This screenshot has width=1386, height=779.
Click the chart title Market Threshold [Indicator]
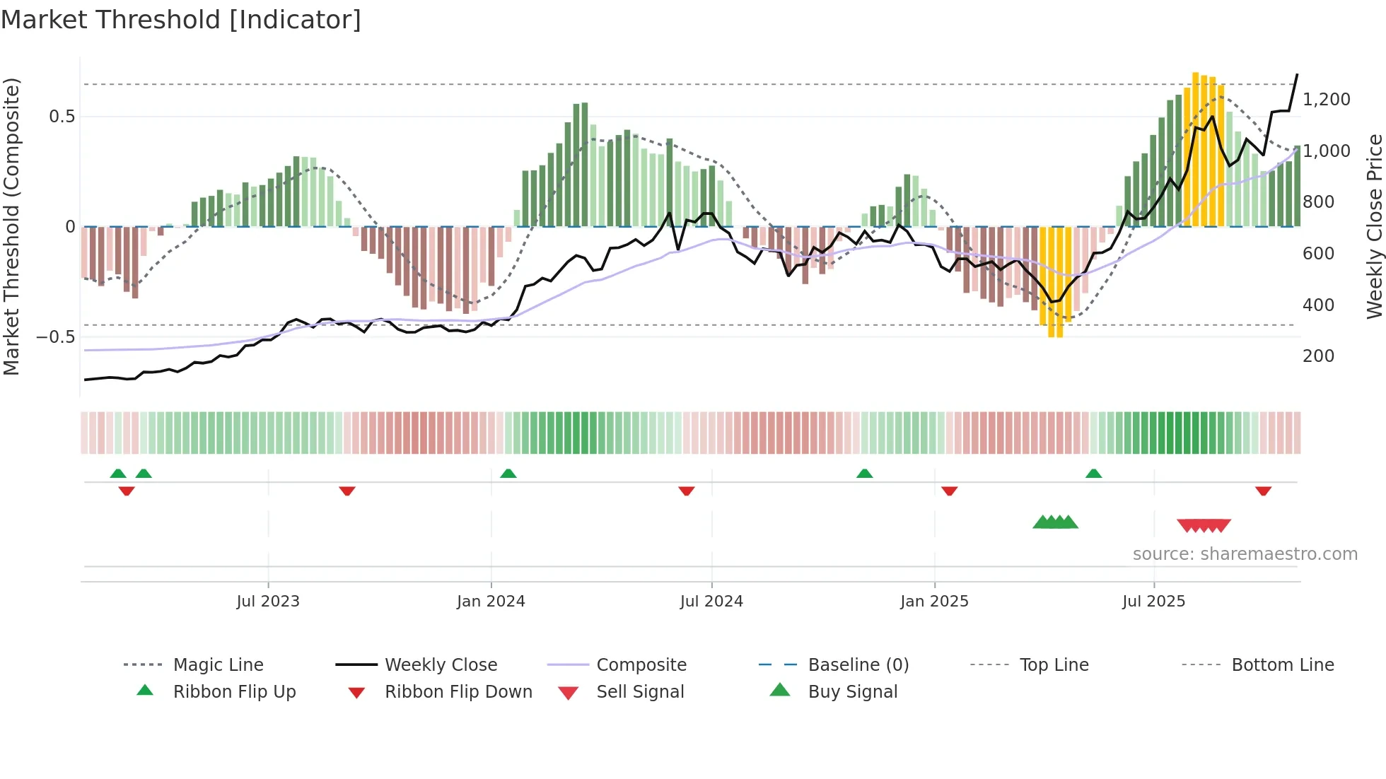click(x=181, y=20)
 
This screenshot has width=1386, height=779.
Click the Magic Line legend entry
click(x=218, y=664)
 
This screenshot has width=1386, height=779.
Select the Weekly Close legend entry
click(x=441, y=664)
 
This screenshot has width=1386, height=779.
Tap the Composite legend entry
click(x=641, y=664)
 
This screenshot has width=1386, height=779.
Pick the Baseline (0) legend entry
click(x=858, y=664)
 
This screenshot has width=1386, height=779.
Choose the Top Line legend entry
click(x=1054, y=664)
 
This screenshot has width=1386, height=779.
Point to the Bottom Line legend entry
click(x=1282, y=664)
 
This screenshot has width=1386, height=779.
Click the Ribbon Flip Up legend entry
click(x=234, y=691)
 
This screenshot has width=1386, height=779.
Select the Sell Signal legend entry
click(x=640, y=691)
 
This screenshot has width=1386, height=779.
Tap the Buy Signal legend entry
click(x=852, y=691)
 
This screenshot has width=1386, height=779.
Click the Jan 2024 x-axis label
click(x=491, y=601)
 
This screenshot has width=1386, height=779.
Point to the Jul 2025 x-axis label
click(x=1153, y=601)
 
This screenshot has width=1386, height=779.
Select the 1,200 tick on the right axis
click(x=1326, y=100)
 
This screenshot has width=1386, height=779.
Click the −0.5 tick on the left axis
click(x=55, y=336)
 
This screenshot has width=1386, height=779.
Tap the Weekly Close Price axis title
click(x=1374, y=226)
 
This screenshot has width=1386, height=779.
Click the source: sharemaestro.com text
click(x=1245, y=553)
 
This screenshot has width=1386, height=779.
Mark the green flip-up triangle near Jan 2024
click(x=508, y=474)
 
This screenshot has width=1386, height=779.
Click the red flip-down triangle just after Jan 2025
click(x=950, y=491)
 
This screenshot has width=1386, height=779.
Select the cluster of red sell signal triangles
click(x=1204, y=525)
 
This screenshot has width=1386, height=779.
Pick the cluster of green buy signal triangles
click(x=1055, y=522)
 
